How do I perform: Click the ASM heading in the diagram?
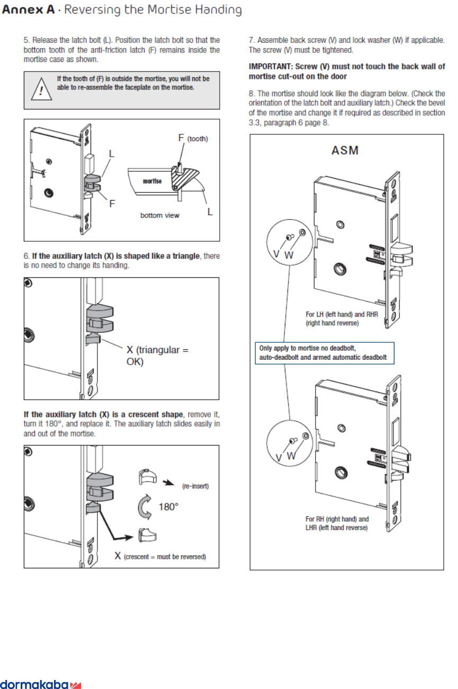point(345,150)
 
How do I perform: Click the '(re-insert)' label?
point(195,486)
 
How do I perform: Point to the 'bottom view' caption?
point(159,215)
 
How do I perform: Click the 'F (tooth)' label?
point(193,139)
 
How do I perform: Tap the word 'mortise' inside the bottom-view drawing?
point(152,180)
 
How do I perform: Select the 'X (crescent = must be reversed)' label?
point(160,556)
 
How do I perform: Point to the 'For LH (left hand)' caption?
point(332,318)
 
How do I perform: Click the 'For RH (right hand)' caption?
point(337,523)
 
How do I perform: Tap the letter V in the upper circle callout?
point(276,254)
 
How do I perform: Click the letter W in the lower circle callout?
point(291,455)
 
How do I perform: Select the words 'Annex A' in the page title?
point(28,10)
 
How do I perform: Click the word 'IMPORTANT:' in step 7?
point(270,66)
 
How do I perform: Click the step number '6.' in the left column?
point(26,256)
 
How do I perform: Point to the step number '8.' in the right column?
point(252,94)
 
